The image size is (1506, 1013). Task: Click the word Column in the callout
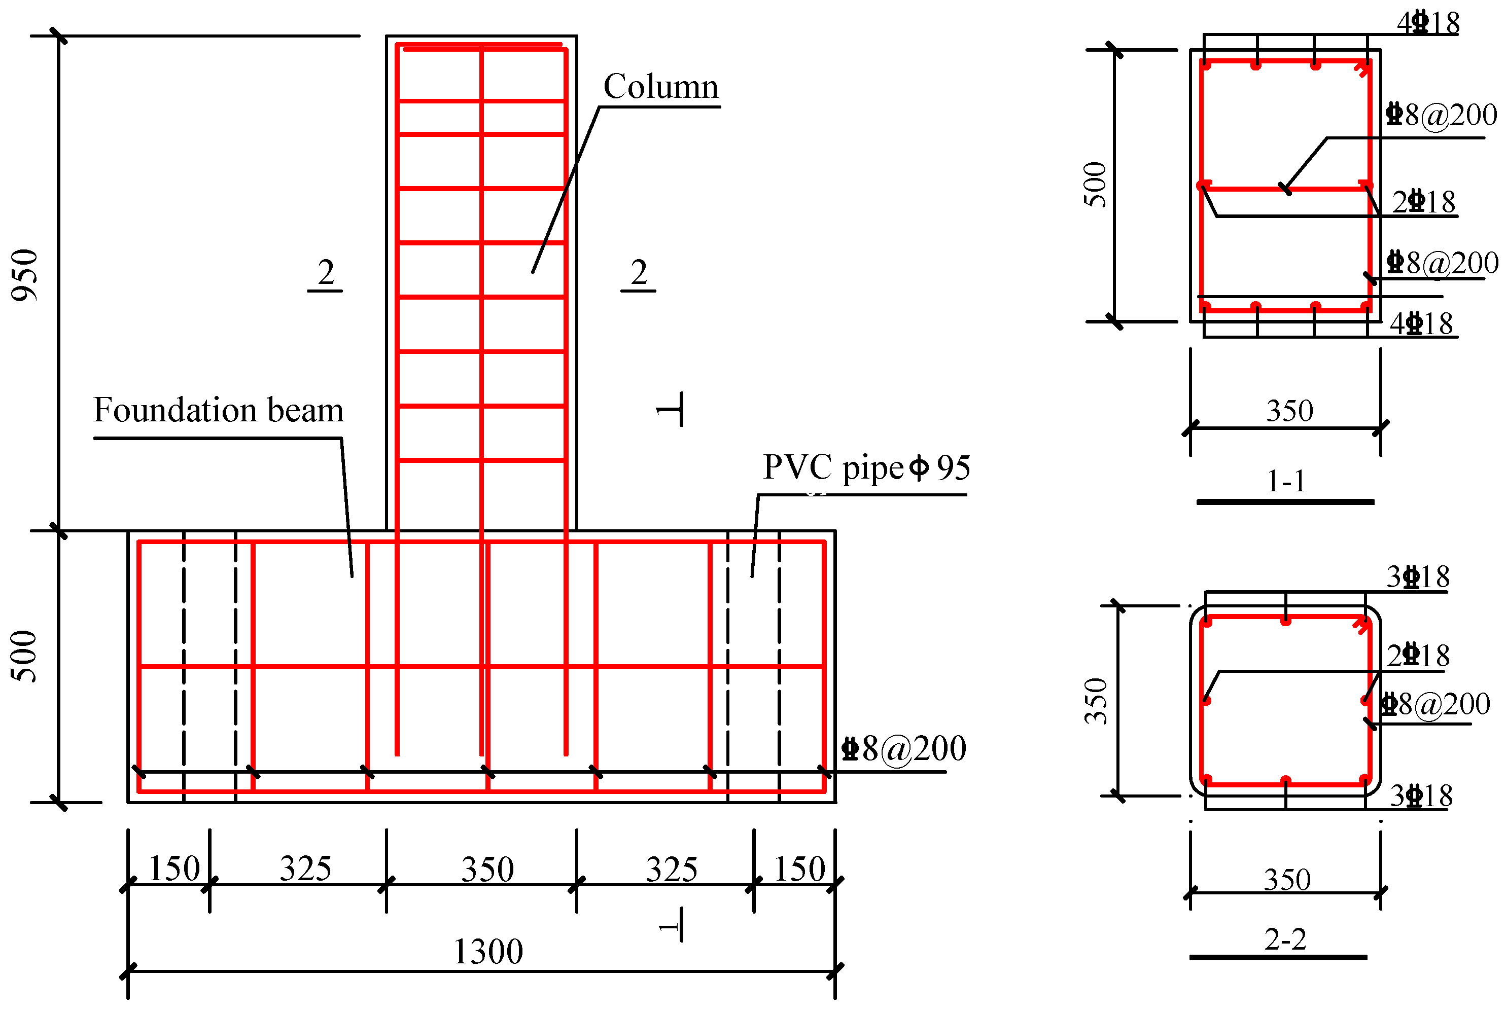tap(660, 87)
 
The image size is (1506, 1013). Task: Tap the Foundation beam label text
tap(219, 410)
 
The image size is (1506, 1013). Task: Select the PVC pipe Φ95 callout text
tap(866, 468)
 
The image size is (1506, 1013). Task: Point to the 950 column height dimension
tap(24, 275)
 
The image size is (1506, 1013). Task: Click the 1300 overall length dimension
tap(488, 952)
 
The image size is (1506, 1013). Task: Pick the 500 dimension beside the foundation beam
tap(24, 657)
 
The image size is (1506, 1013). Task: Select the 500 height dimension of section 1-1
tap(1095, 185)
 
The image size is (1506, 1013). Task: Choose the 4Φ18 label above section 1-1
tap(1428, 23)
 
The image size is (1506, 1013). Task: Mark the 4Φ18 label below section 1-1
tap(1421, 323)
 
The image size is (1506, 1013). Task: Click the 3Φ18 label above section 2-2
tap(1418, 577)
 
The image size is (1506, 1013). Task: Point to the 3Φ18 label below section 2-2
tap(1421, 796)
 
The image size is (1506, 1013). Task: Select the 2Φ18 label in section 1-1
tap(1423, 202)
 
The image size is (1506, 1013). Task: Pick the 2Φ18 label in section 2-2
tap(1418, 656)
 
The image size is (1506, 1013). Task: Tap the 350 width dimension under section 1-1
tap(1289, 411)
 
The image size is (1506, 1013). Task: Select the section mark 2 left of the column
tap(326, 273)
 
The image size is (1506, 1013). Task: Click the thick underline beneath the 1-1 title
tap(1285, 502)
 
